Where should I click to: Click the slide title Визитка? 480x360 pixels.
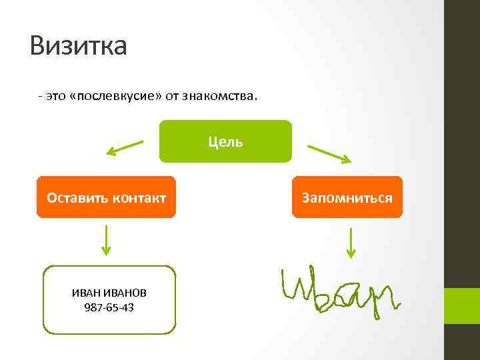coord(78,46)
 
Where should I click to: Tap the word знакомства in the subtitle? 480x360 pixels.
coord(221,97)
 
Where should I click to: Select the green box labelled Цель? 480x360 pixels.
coord(225,141)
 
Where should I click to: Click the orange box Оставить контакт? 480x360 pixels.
coord(106,197)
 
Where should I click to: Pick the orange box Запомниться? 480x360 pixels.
coord(347,197)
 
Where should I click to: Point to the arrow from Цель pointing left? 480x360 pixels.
coord(125,147)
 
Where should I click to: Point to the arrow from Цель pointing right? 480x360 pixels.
coord(328,153)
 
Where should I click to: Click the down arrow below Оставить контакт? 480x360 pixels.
coord(106,240)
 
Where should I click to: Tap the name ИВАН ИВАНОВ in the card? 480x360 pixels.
coord(109,293)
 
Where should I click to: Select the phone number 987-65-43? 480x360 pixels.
coord(109,307)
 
